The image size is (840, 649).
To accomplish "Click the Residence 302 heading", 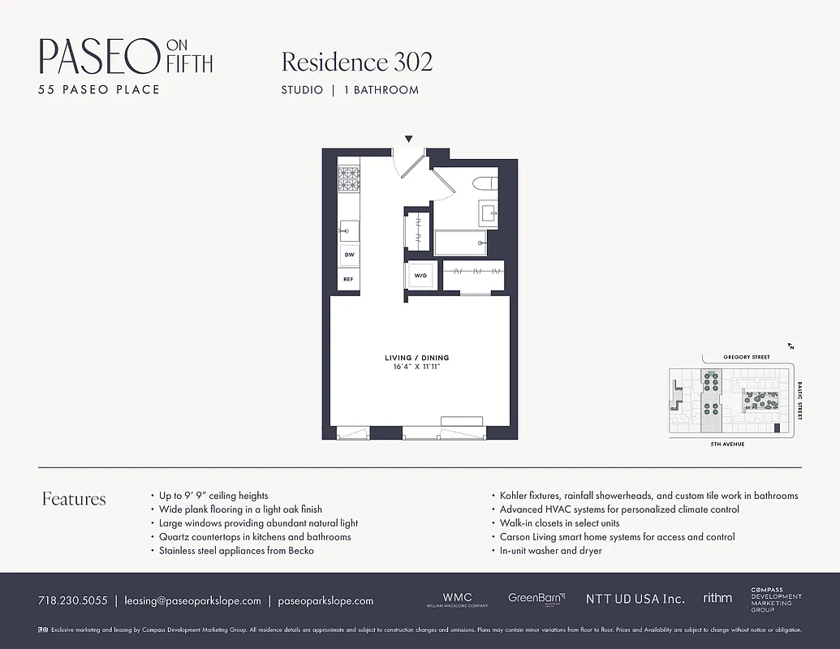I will coord(356,62).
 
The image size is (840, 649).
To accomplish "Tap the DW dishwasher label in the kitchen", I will coord(349,255).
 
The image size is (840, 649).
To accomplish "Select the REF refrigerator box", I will coord(349,279).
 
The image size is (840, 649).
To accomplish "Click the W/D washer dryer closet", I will coord(421,276).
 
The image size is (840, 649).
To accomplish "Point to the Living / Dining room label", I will coord(416,358).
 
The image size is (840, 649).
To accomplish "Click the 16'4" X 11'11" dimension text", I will coord(416,367).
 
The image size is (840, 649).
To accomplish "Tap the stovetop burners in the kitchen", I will coord(349,178).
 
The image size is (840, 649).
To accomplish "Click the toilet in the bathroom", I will coord(488,183).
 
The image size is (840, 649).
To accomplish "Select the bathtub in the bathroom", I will coord(460,243).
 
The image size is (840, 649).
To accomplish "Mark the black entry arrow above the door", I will coord(408,140).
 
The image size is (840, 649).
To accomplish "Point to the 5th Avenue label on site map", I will coord(727,445).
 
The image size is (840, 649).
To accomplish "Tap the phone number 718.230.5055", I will coord(72,601).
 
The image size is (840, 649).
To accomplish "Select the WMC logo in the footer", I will coord(456,600).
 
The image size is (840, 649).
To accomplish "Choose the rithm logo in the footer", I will coord(717,599).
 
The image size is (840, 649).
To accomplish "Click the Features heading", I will coord(74,499).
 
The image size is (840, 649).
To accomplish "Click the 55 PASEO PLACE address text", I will coord(99,89).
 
